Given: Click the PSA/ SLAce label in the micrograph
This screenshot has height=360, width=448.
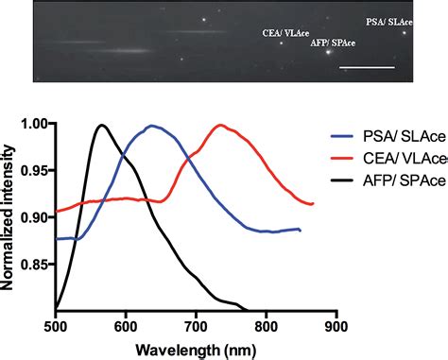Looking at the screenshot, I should click(388, 21).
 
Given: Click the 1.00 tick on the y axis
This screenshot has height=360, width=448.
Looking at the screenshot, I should click(36, 124).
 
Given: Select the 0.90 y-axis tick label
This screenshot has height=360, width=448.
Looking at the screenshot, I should click(36, 216).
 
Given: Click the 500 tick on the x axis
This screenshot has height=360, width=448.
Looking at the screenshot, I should click(56, 325).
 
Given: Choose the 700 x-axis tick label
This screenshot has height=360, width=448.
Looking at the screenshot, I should click(196, 325).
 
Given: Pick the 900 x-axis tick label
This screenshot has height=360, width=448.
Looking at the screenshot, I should click(336, 325).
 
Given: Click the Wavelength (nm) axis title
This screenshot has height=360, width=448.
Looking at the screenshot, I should click(195, 349).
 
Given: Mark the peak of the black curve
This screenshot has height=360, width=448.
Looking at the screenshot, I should click(102, 125).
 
